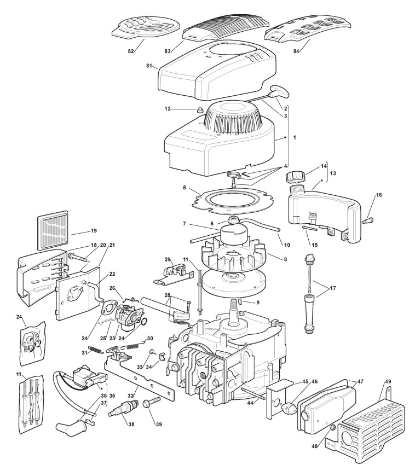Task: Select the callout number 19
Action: (x=94, y=231)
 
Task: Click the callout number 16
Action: (x=379, y=194)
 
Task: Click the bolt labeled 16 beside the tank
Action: (x=368, y=220)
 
